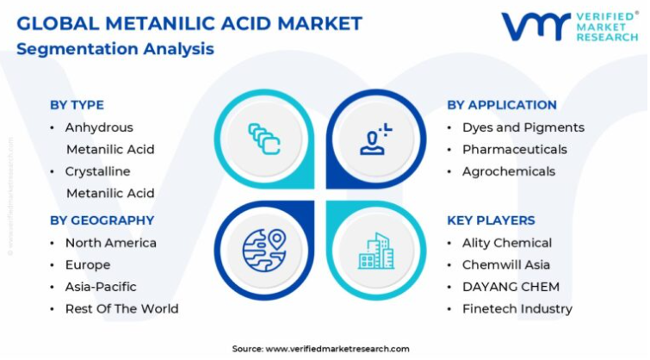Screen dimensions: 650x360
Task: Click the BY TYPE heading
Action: tap(77, 105)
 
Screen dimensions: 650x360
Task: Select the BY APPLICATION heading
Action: tap(502, 105)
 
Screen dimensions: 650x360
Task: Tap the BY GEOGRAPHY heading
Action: tap(102, 220)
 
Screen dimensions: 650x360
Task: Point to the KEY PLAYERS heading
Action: tap(491, 220)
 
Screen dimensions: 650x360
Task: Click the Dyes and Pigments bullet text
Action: tap(523, 127)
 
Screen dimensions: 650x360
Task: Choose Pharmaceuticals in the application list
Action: tap(515, 149)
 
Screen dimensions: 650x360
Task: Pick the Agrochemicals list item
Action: tap(509, 171)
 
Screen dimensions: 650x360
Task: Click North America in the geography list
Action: tap(111, 243)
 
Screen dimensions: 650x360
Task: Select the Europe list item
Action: tap(88, 264)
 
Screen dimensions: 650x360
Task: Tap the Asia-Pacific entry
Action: tap(101, 287)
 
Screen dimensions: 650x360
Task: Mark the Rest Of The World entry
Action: tap(122, 308)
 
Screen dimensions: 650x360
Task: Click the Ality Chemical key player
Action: tap(507, 243)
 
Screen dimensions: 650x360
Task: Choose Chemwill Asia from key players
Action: tap(506, 264)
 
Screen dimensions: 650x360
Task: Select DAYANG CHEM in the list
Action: tap(511, 287)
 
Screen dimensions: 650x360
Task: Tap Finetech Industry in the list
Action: tap(517, 308)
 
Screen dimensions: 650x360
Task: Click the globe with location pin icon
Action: tap(264, 250)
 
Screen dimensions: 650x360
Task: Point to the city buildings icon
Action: tap(376, 251)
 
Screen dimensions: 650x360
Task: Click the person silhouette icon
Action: tap(375, 140)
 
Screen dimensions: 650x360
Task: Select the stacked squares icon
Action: tap(264, 139)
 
